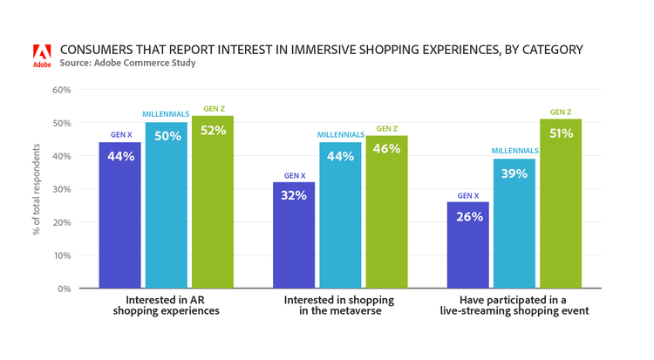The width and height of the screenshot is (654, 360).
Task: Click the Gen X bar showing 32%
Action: (294, 234)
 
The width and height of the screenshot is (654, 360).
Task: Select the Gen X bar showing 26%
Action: (468, 245)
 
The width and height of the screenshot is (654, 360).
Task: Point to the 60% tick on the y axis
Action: (61, 90)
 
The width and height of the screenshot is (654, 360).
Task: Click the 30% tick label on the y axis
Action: (61, 189)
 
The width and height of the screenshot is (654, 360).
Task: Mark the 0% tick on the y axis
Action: (64, 289)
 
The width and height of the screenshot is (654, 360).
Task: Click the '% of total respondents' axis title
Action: (36, 189)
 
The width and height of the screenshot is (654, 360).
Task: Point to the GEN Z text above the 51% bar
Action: (561, 112)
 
